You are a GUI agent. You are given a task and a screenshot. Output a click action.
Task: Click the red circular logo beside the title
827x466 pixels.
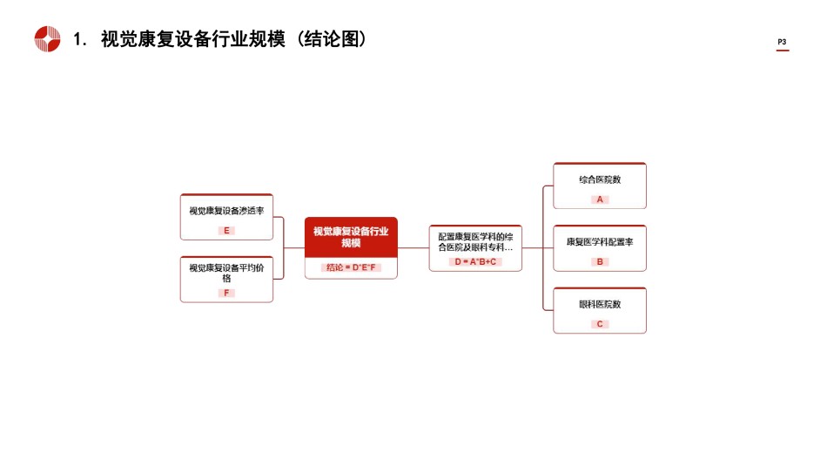[48, 39]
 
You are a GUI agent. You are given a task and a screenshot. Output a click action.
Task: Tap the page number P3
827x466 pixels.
[782, 42]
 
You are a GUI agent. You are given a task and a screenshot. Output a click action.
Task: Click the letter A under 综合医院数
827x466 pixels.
[600, 199]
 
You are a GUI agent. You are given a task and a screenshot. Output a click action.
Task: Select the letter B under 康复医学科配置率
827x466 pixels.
[600, 262]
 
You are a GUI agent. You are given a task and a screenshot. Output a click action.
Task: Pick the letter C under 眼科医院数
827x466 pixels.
[600, 324]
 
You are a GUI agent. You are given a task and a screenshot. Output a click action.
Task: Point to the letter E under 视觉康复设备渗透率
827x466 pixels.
[227, 231]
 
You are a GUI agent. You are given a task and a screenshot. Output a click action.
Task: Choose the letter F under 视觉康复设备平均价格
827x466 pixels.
[227, 293]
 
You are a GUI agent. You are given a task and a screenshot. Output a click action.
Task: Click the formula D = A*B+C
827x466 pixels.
[475, 262]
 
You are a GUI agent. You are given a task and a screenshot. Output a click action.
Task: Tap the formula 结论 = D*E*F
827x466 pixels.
[351, 267]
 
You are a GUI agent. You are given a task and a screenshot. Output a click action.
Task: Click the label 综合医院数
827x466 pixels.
[600, 180]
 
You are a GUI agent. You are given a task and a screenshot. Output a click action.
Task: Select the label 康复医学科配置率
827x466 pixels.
[600, 242]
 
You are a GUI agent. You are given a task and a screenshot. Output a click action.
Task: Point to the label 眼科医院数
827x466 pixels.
[600, 305]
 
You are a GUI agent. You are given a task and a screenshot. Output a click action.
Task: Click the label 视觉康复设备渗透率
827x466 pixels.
[227, 211]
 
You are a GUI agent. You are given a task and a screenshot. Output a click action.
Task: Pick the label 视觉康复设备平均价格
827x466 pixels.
[227, 273]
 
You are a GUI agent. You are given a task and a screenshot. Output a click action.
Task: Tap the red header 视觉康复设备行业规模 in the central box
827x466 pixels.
[351, 237]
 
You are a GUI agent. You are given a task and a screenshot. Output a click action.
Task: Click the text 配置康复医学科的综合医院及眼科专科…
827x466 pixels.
[475, 242]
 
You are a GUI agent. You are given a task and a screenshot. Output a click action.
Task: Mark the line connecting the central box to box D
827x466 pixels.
[413, 248]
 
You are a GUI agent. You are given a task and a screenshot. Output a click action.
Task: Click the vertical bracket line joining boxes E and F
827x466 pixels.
[284, 248]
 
